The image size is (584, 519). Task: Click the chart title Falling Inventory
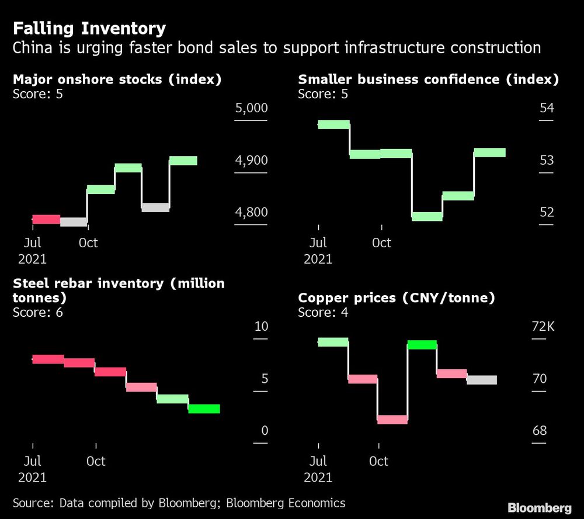[89, 29]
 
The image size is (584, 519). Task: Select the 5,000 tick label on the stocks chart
[251, 109]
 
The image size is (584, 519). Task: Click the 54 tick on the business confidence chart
[547, 109]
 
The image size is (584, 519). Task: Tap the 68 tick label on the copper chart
[540, 431]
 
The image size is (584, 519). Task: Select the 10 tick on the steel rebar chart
[261, 327]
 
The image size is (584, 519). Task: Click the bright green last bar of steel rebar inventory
[204, 409]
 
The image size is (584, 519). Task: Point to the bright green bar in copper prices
[422, 345]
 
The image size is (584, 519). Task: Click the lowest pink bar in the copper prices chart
[392, 419]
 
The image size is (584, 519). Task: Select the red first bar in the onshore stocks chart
[46, 219]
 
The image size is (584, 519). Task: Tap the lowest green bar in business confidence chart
[427, 216]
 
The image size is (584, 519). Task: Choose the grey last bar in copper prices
[482, 380]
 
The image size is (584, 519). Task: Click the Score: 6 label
[37, 312]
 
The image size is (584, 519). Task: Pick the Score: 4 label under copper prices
[323, 312]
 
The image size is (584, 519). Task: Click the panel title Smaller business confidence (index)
[428, 79]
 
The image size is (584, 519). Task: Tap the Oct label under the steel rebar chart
[96, 461]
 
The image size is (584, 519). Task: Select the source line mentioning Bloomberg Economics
[179, 503]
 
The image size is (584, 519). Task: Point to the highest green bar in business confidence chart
[333, 124]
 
